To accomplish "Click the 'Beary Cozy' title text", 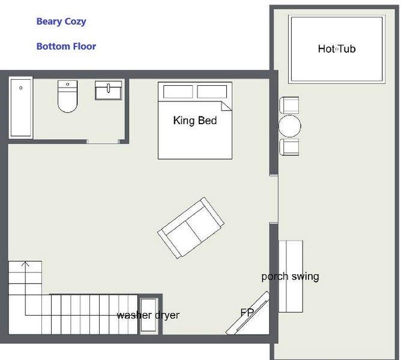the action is tap(61, 22).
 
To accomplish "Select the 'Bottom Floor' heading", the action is tap(66, 46).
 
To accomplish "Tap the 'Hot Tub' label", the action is tap(337, 49).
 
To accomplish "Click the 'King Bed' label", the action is tap(195, 121).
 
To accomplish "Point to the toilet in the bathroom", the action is tap(67, 97).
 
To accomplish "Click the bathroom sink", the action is tap(109, 91).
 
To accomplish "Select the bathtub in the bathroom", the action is tap(21, 107).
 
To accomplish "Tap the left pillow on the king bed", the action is tap(178, 92).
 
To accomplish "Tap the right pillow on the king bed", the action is tap(212, 92).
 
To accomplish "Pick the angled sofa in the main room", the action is tap(191, 228).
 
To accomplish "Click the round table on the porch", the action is tap(289, 126).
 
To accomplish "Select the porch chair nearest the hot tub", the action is tap(289, 105).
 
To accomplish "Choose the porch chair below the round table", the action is tap(289, 147).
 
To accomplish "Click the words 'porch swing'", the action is tap(291, 277).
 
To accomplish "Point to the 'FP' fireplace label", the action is tap(247, 312).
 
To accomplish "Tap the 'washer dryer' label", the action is tap(148, 315).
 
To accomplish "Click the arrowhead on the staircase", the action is tap(25, 264).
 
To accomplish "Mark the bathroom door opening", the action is tap(103, 142).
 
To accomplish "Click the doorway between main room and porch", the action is tap(274, 199).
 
